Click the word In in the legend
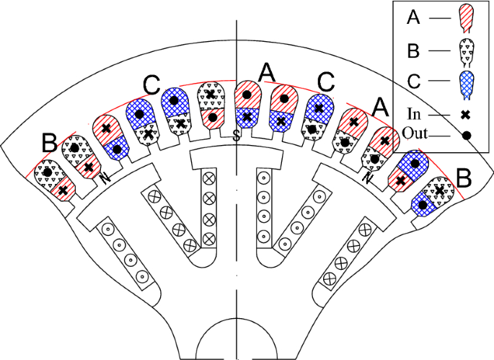click(x=414, y=115)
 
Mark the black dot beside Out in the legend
click(x=467, y=135)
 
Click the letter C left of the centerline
click(x=151, y=84)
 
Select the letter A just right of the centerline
click(x=267, y=72)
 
